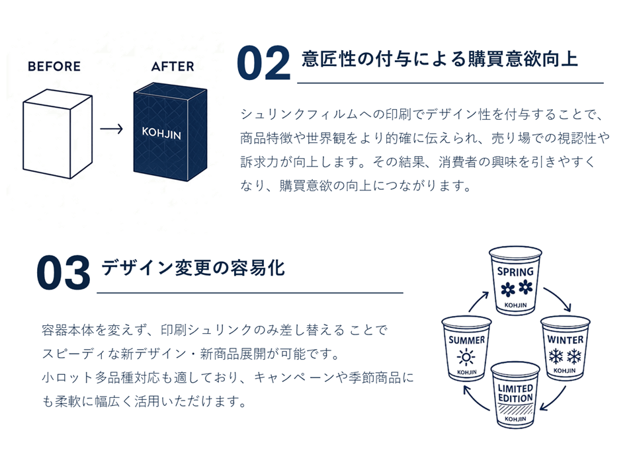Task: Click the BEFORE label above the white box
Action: click(x=54, y=67)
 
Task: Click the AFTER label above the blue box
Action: click(x=173, y=67)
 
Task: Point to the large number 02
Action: click(x=263, y=64)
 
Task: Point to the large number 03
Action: click(x=63, y=273)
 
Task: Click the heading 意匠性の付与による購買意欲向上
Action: click(x=440, y=59)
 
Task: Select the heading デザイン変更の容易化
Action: click(x=192, y=268)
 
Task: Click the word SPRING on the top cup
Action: click(x=515, y=272)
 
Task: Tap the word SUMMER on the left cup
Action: click(x=467, y=340)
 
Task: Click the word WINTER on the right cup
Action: click(x=565, y=340)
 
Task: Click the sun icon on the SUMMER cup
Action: click(x=467, y=358)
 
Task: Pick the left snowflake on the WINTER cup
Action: click(x=556, y=356)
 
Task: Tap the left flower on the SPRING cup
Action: click(x=507, y=289)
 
